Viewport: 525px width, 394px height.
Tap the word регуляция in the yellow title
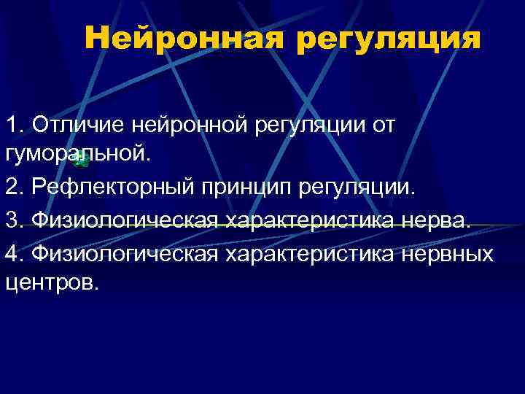click(389, 40)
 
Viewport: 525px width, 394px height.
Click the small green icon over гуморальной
click(82, 161)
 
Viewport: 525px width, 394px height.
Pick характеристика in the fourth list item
click(307, 252)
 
